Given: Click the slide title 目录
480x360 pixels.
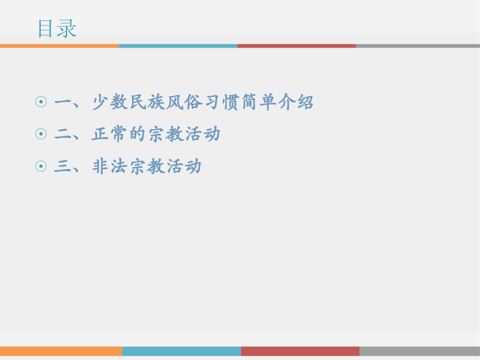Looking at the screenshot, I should (x=57, y=29).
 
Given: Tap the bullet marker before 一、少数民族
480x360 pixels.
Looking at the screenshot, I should (x=41, y=102).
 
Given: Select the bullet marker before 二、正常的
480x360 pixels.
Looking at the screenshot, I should (x=41, y=135).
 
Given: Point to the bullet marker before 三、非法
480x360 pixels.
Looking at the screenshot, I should (x=41, y=167).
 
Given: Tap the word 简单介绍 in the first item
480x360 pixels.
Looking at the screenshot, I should (x=277, y=102).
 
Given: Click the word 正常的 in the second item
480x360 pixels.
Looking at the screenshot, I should (x=119, y=135).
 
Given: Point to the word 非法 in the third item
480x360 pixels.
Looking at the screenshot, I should (x=110, y=167).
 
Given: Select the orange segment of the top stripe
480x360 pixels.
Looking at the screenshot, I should (x=59, y=46).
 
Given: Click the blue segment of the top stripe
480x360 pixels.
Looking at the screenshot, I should (x=178, y=46).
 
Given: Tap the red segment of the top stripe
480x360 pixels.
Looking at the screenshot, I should (x=296, y=46).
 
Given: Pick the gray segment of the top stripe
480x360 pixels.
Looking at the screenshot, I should (x=417, y=46).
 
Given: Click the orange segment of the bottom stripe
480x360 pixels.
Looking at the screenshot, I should (x=61, y=351).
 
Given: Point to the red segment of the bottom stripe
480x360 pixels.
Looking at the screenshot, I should (x=300, y=351).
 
